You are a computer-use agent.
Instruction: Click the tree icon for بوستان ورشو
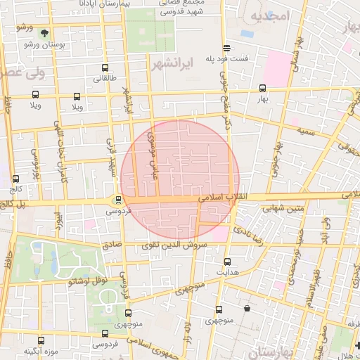(45, 32)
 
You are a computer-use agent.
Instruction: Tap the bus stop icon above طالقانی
(105, 68)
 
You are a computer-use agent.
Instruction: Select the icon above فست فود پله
(226, 48)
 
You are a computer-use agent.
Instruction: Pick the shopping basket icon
(246, 307)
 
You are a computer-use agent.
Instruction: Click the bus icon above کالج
(15, 179)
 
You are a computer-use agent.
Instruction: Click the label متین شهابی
(282, 208)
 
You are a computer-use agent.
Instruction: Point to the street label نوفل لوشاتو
(86, 281)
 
